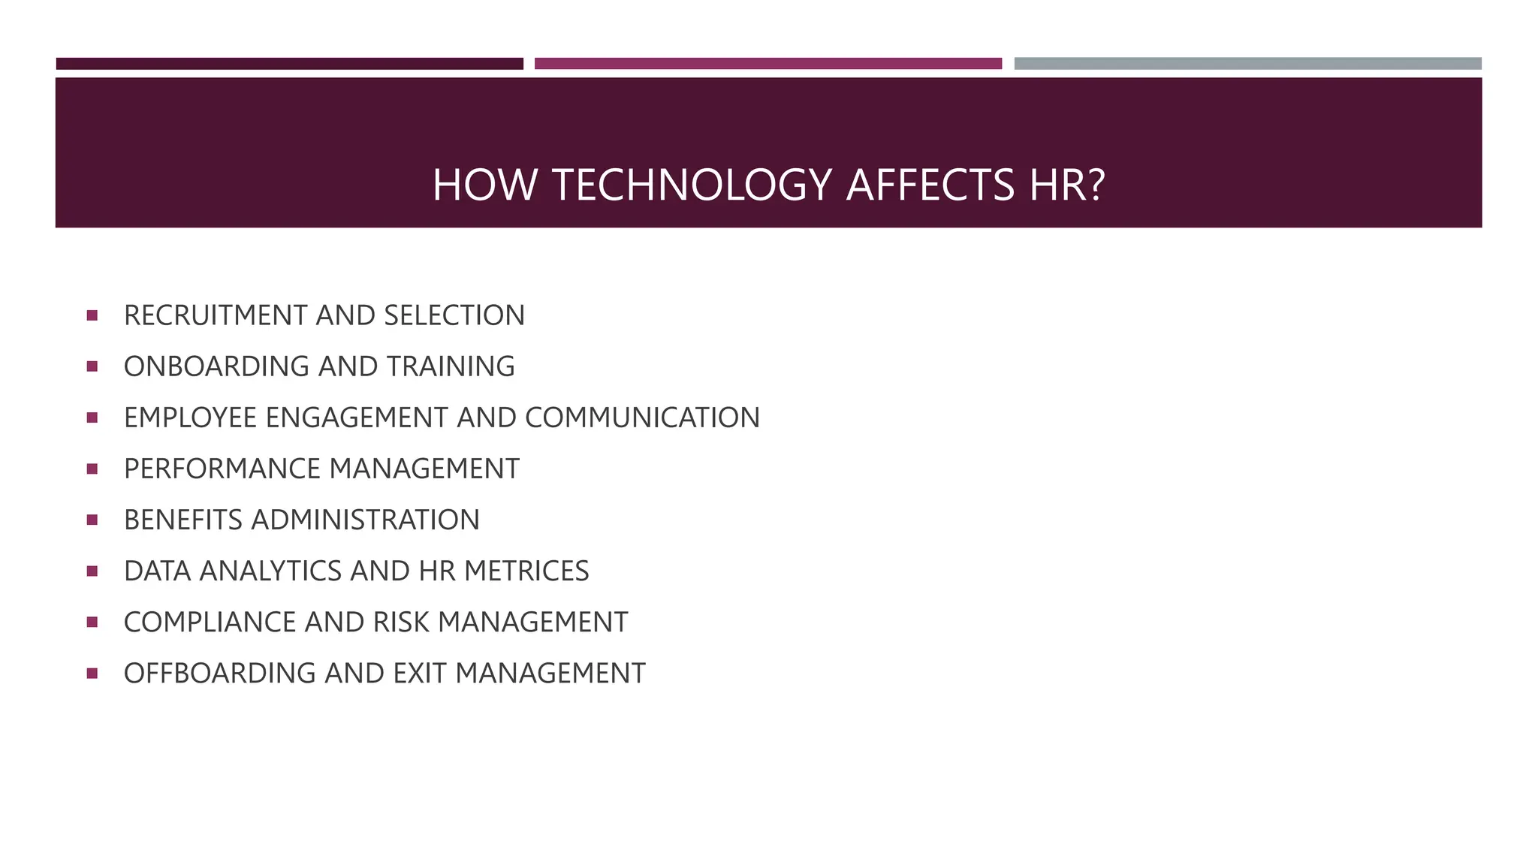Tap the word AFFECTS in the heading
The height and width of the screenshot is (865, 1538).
(x=930, y=185)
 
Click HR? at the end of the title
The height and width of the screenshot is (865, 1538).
(x=1067, y=185)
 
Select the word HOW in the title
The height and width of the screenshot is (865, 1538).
(x=485, y=185)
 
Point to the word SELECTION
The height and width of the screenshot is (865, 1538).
(x=454, y=315)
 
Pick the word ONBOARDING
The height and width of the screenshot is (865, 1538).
(x=216, y=366)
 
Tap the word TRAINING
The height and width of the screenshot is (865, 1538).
(x=451, y=366)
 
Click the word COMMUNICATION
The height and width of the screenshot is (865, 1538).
(x=642, y=417)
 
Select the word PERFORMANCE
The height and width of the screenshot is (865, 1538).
(x=222, y=469)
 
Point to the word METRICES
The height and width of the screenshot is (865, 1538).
(x=526, y=571)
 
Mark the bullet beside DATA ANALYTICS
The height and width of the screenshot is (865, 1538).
(x=92, y=571)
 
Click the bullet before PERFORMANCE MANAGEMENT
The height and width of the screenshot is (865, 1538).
(x=92, y=469)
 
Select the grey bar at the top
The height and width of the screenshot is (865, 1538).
(x=1247, y=64)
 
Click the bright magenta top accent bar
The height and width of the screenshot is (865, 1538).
(x=768, y=64)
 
